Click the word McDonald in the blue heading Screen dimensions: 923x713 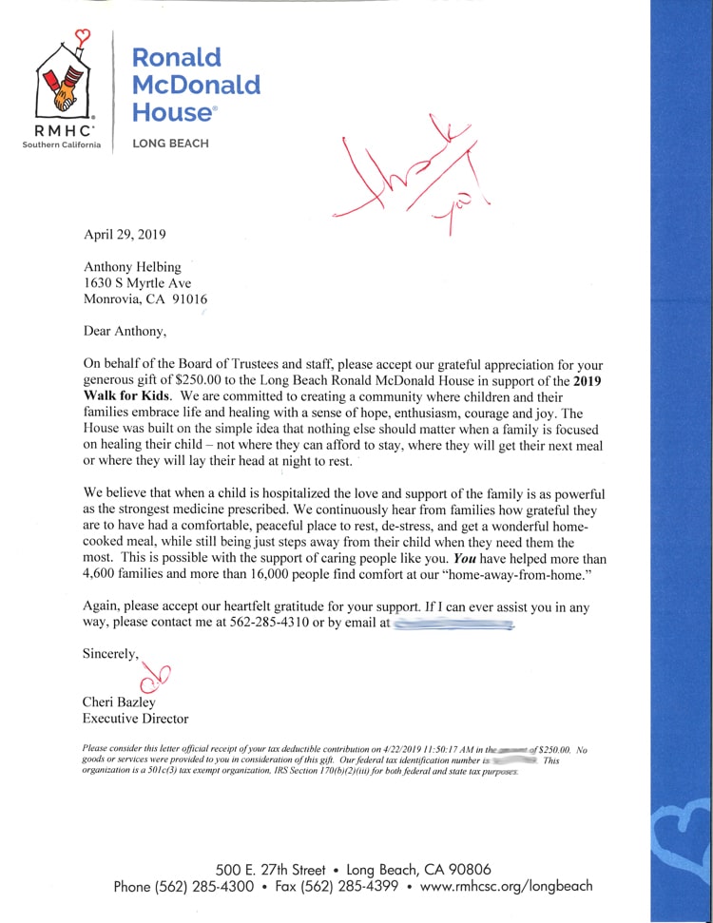pos(195,85)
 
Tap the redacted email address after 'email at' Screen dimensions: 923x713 pos(453,625)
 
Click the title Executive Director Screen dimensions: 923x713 pos(135,719)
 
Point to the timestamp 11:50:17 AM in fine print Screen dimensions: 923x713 pos(445,750)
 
